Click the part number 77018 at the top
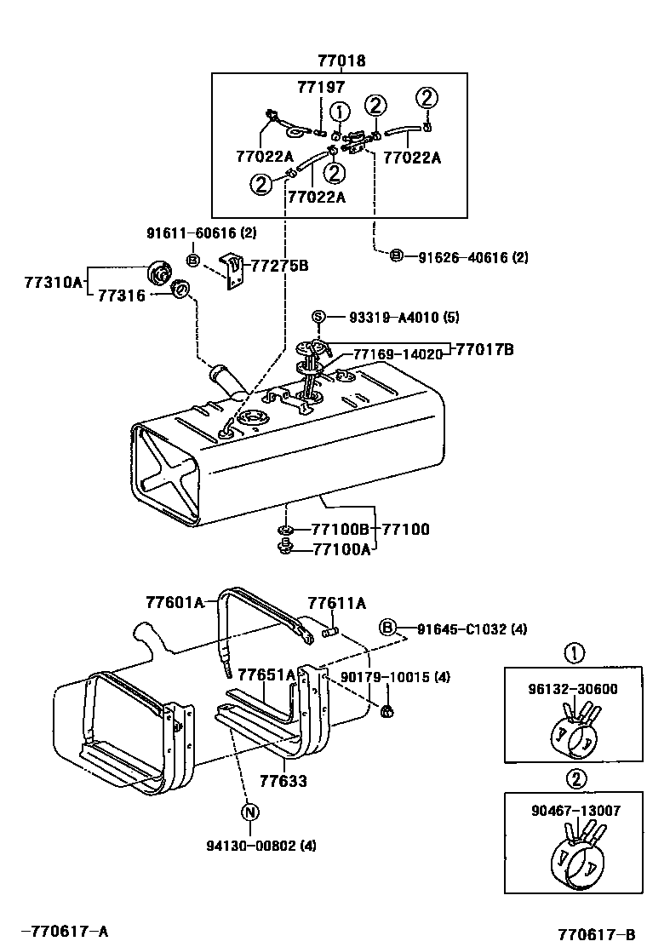click(x=341, y=60)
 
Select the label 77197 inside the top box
click(x=321, y=87)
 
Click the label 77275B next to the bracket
click(x=277, y=266)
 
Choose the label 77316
click(x=122, y=295)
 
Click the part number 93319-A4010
click(x=391, y=318)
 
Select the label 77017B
click(x=484, y=348)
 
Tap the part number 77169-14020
click(x=398, y=353)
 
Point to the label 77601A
click(x=175, y=603)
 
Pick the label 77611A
click(x=337, y=603)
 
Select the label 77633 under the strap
click(x=283, y=780)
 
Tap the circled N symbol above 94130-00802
click(x=249, y=812)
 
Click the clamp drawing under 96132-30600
click(x=574, y=732)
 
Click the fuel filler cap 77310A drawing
click(x=157, y=273)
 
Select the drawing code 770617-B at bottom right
click(x=596, y=934)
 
